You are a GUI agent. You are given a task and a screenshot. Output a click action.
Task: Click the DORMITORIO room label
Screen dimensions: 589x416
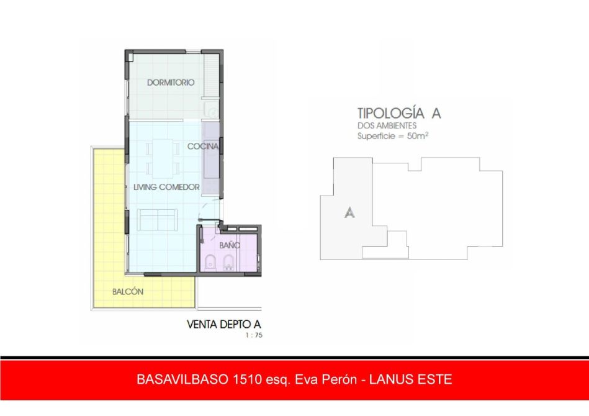tap(171, 83)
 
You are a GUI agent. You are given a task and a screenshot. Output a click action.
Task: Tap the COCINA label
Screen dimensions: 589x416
tap(203, 146)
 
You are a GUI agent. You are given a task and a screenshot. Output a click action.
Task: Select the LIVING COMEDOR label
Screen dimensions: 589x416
tap(166, 187)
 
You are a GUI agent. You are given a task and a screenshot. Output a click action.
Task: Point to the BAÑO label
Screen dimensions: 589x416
tap(230, 245)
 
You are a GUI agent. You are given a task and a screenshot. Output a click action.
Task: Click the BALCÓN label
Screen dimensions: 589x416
tap(128, 292)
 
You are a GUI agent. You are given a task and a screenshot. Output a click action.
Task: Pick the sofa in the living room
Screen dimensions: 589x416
tap(158, 220)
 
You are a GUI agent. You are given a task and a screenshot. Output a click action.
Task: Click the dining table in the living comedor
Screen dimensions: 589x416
tap(163, 158)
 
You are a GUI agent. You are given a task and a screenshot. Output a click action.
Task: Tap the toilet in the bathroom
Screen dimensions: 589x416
tap(210, 262)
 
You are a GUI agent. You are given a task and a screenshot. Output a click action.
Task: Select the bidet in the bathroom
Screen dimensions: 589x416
tap(228, 262)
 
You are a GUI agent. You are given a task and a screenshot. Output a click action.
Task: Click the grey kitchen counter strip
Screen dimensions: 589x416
tap(210, 158)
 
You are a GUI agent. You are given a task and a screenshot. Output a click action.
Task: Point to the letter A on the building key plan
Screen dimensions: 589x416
tap(349, 213)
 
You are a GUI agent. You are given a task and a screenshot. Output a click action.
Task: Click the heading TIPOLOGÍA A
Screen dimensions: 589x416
tap(399, 113)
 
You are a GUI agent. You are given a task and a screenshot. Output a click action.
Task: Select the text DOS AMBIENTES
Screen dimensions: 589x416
tap(387, 125)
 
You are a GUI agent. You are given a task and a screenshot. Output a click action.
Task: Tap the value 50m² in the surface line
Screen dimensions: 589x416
tap(418, 135)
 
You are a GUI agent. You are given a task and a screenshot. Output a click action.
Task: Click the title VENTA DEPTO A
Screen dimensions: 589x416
tap(224, 324)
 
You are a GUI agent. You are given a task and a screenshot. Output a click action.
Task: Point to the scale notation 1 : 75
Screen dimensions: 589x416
tap(254, 335)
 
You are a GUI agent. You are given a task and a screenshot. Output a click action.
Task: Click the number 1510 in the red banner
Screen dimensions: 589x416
tap(247, 379)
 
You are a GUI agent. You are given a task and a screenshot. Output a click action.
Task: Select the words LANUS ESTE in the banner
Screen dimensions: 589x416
tap(411, 379)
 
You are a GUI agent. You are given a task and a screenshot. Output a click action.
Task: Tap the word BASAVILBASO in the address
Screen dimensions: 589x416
tap(183, 379)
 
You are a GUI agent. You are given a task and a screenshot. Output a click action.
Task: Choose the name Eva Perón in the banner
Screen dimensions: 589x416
tap(326, 379)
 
